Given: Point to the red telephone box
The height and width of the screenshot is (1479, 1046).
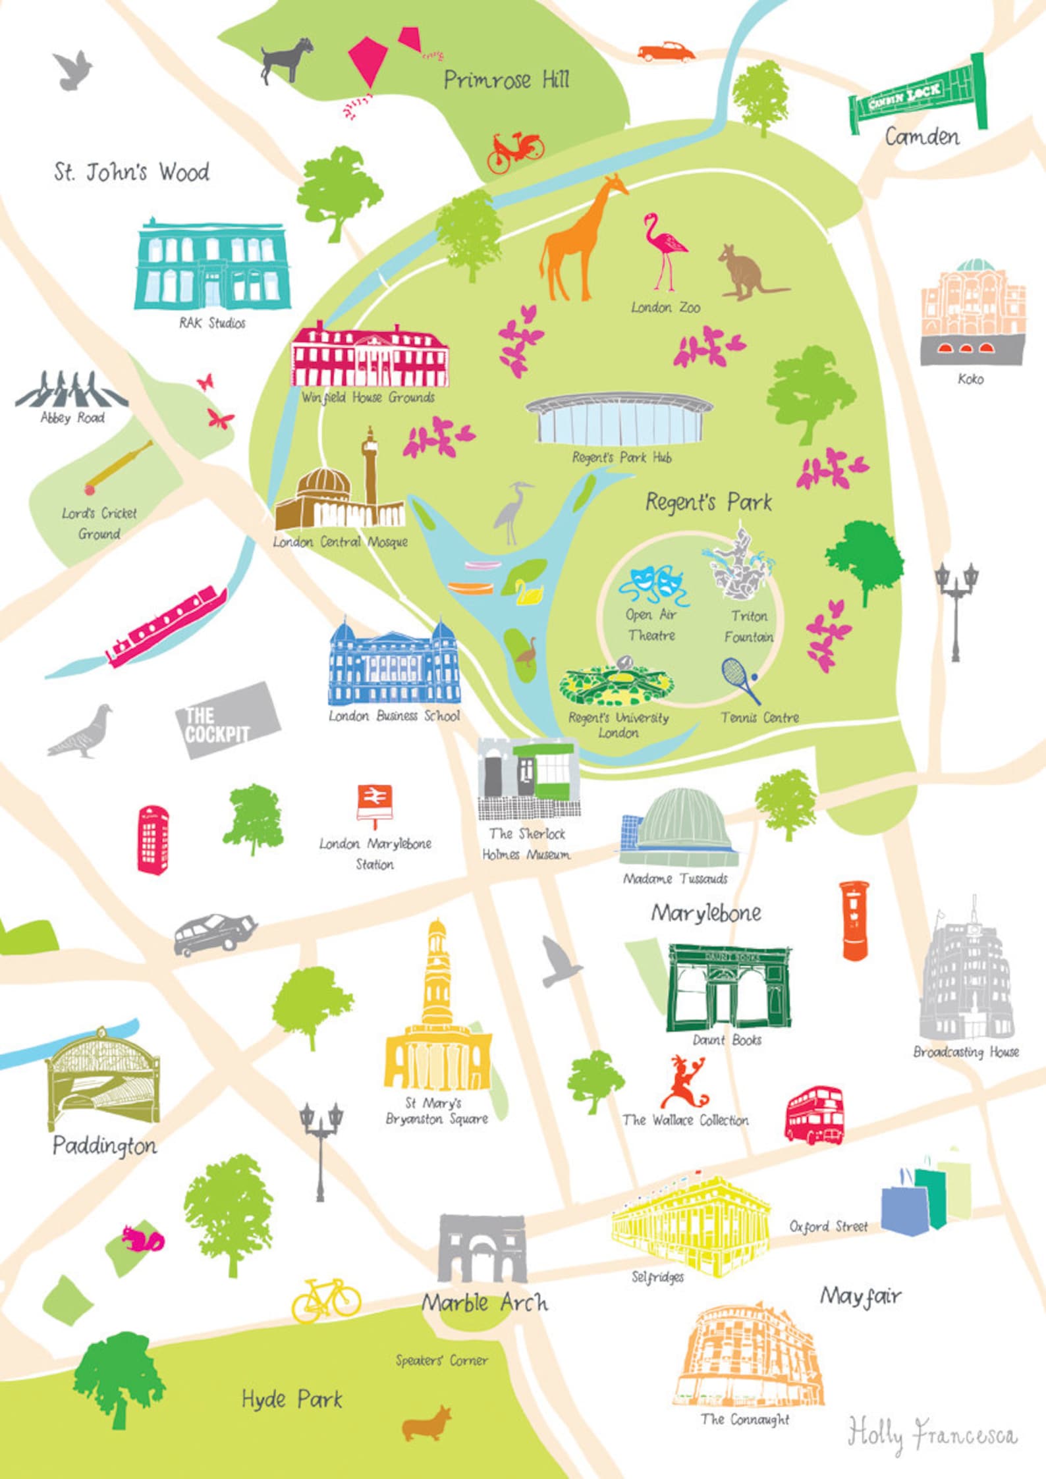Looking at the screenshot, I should (153, 840).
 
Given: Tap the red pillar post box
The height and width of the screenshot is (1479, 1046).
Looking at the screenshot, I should (854, 921).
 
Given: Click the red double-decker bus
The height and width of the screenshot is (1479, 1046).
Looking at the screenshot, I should (814, 1116).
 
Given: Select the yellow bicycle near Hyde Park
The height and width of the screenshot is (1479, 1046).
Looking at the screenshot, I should (326, 1299).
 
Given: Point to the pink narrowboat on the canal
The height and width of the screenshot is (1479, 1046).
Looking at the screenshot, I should (167, 626).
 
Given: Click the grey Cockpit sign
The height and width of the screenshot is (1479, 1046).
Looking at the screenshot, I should (227, 720).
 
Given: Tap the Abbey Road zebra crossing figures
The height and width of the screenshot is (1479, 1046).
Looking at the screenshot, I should (70, 390).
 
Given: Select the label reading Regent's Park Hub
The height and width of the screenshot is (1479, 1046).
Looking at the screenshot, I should (621, 457).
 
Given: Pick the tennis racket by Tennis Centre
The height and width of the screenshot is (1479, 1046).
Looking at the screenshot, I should (740, 680).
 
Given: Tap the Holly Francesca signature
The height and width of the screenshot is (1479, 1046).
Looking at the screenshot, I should (931, 1434).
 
